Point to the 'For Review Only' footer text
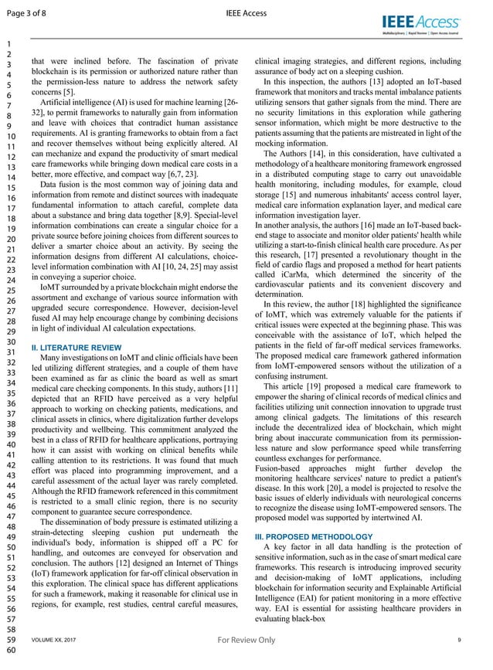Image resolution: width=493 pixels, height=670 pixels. click(x=246, y=640)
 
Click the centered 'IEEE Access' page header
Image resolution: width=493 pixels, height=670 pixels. click(x=246, y=12)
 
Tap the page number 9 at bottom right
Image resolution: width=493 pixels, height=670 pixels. click(x=460, y=641)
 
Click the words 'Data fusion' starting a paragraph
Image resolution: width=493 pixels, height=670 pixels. click(x=62, y=185)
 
